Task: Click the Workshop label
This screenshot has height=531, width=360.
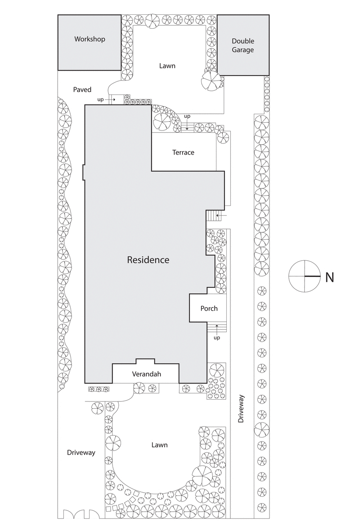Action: (x=90, y=39)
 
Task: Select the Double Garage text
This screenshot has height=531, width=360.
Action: (x=243, y=45)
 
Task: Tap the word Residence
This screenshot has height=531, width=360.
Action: (x=148, y=260)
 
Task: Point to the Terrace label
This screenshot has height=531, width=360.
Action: (x=183, y=152)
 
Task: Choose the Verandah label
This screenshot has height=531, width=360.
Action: (x=146, y=374)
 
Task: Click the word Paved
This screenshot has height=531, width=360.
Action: (x=82, y=90)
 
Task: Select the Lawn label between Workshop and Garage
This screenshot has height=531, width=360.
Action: (x=167, y=66)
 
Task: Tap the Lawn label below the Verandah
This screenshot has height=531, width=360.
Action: (x=159, y=445)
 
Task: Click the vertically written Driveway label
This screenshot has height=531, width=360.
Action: (x=242, y=409)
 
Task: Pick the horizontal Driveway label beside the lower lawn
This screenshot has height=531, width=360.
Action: (x=81, y=453)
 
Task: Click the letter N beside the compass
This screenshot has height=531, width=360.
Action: (x=329, y=277)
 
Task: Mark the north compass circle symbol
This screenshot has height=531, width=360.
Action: (x=304, y=275)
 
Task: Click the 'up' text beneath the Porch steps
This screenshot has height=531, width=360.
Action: (x=216, y=338)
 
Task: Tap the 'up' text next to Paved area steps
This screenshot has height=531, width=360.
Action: (x=100, y=99)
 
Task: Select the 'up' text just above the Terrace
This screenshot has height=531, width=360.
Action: (x=187, y=117)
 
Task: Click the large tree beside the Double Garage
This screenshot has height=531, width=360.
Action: (x=211, y=82)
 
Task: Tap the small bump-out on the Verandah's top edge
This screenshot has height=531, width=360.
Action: (x=145, y=361)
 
